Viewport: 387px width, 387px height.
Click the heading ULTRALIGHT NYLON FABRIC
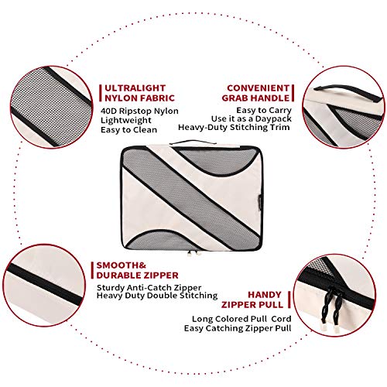pos(139,93)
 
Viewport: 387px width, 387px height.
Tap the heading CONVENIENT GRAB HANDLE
pos(255,93)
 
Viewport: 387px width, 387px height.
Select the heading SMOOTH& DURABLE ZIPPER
pos(137,270)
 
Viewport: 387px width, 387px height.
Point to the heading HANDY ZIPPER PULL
pos(252,300)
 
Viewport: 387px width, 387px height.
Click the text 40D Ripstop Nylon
pos(139,111)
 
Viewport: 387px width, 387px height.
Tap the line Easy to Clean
pos(128,129)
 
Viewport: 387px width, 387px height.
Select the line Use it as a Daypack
pos(252,118)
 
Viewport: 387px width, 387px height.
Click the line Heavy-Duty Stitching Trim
pos(234,127)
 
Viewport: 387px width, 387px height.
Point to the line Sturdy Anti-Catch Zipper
pos(149,287)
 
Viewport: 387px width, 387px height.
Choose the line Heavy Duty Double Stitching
pos(157,296)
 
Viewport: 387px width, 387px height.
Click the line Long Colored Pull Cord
pos(241,319)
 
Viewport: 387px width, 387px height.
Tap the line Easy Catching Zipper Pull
pos(238,328)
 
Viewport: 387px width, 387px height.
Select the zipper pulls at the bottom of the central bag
pos(193,254)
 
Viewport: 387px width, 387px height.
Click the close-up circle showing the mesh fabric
pos(51,107)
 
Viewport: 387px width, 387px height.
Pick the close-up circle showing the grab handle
pos(343,107)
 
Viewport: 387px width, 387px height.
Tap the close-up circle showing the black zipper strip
pos(44,286)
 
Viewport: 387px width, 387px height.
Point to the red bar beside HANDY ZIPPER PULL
pos(289,300)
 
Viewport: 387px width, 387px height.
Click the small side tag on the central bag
pos(261,196)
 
